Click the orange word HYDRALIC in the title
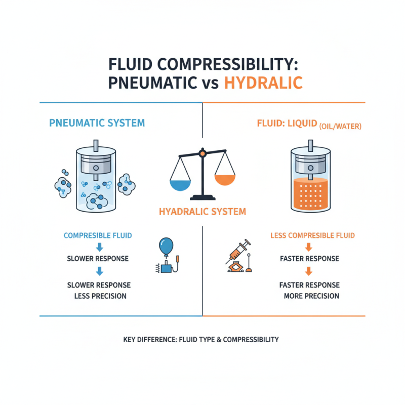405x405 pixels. point(264,82)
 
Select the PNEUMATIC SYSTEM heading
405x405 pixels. point(97,123)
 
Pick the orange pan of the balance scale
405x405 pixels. point(225,178)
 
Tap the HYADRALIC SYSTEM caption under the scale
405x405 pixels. point(202,212)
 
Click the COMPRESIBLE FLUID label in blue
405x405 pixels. point(98,235)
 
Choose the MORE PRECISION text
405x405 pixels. point(311,296)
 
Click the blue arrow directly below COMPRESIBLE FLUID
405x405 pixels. point(99,247)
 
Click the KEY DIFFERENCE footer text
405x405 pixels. point(201,340)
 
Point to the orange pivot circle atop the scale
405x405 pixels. point(202,152)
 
